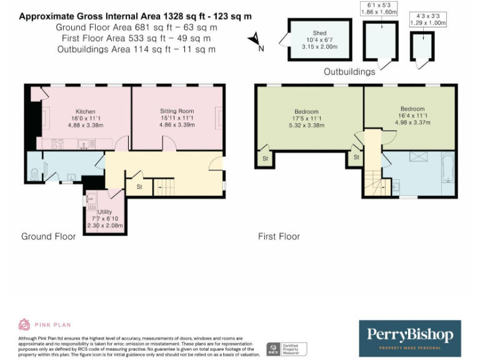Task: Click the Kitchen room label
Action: [85, 111]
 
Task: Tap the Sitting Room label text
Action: [177, 111]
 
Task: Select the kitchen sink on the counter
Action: [82, 144]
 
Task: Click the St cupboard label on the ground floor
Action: [139, 187]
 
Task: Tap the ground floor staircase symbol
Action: [163, 186]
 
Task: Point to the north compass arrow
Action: [255, 40]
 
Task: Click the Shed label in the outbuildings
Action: [321, 34]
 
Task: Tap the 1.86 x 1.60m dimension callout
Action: [378, 11]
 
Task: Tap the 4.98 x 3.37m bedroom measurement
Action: [412, 122]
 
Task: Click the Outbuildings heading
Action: [349, 71]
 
